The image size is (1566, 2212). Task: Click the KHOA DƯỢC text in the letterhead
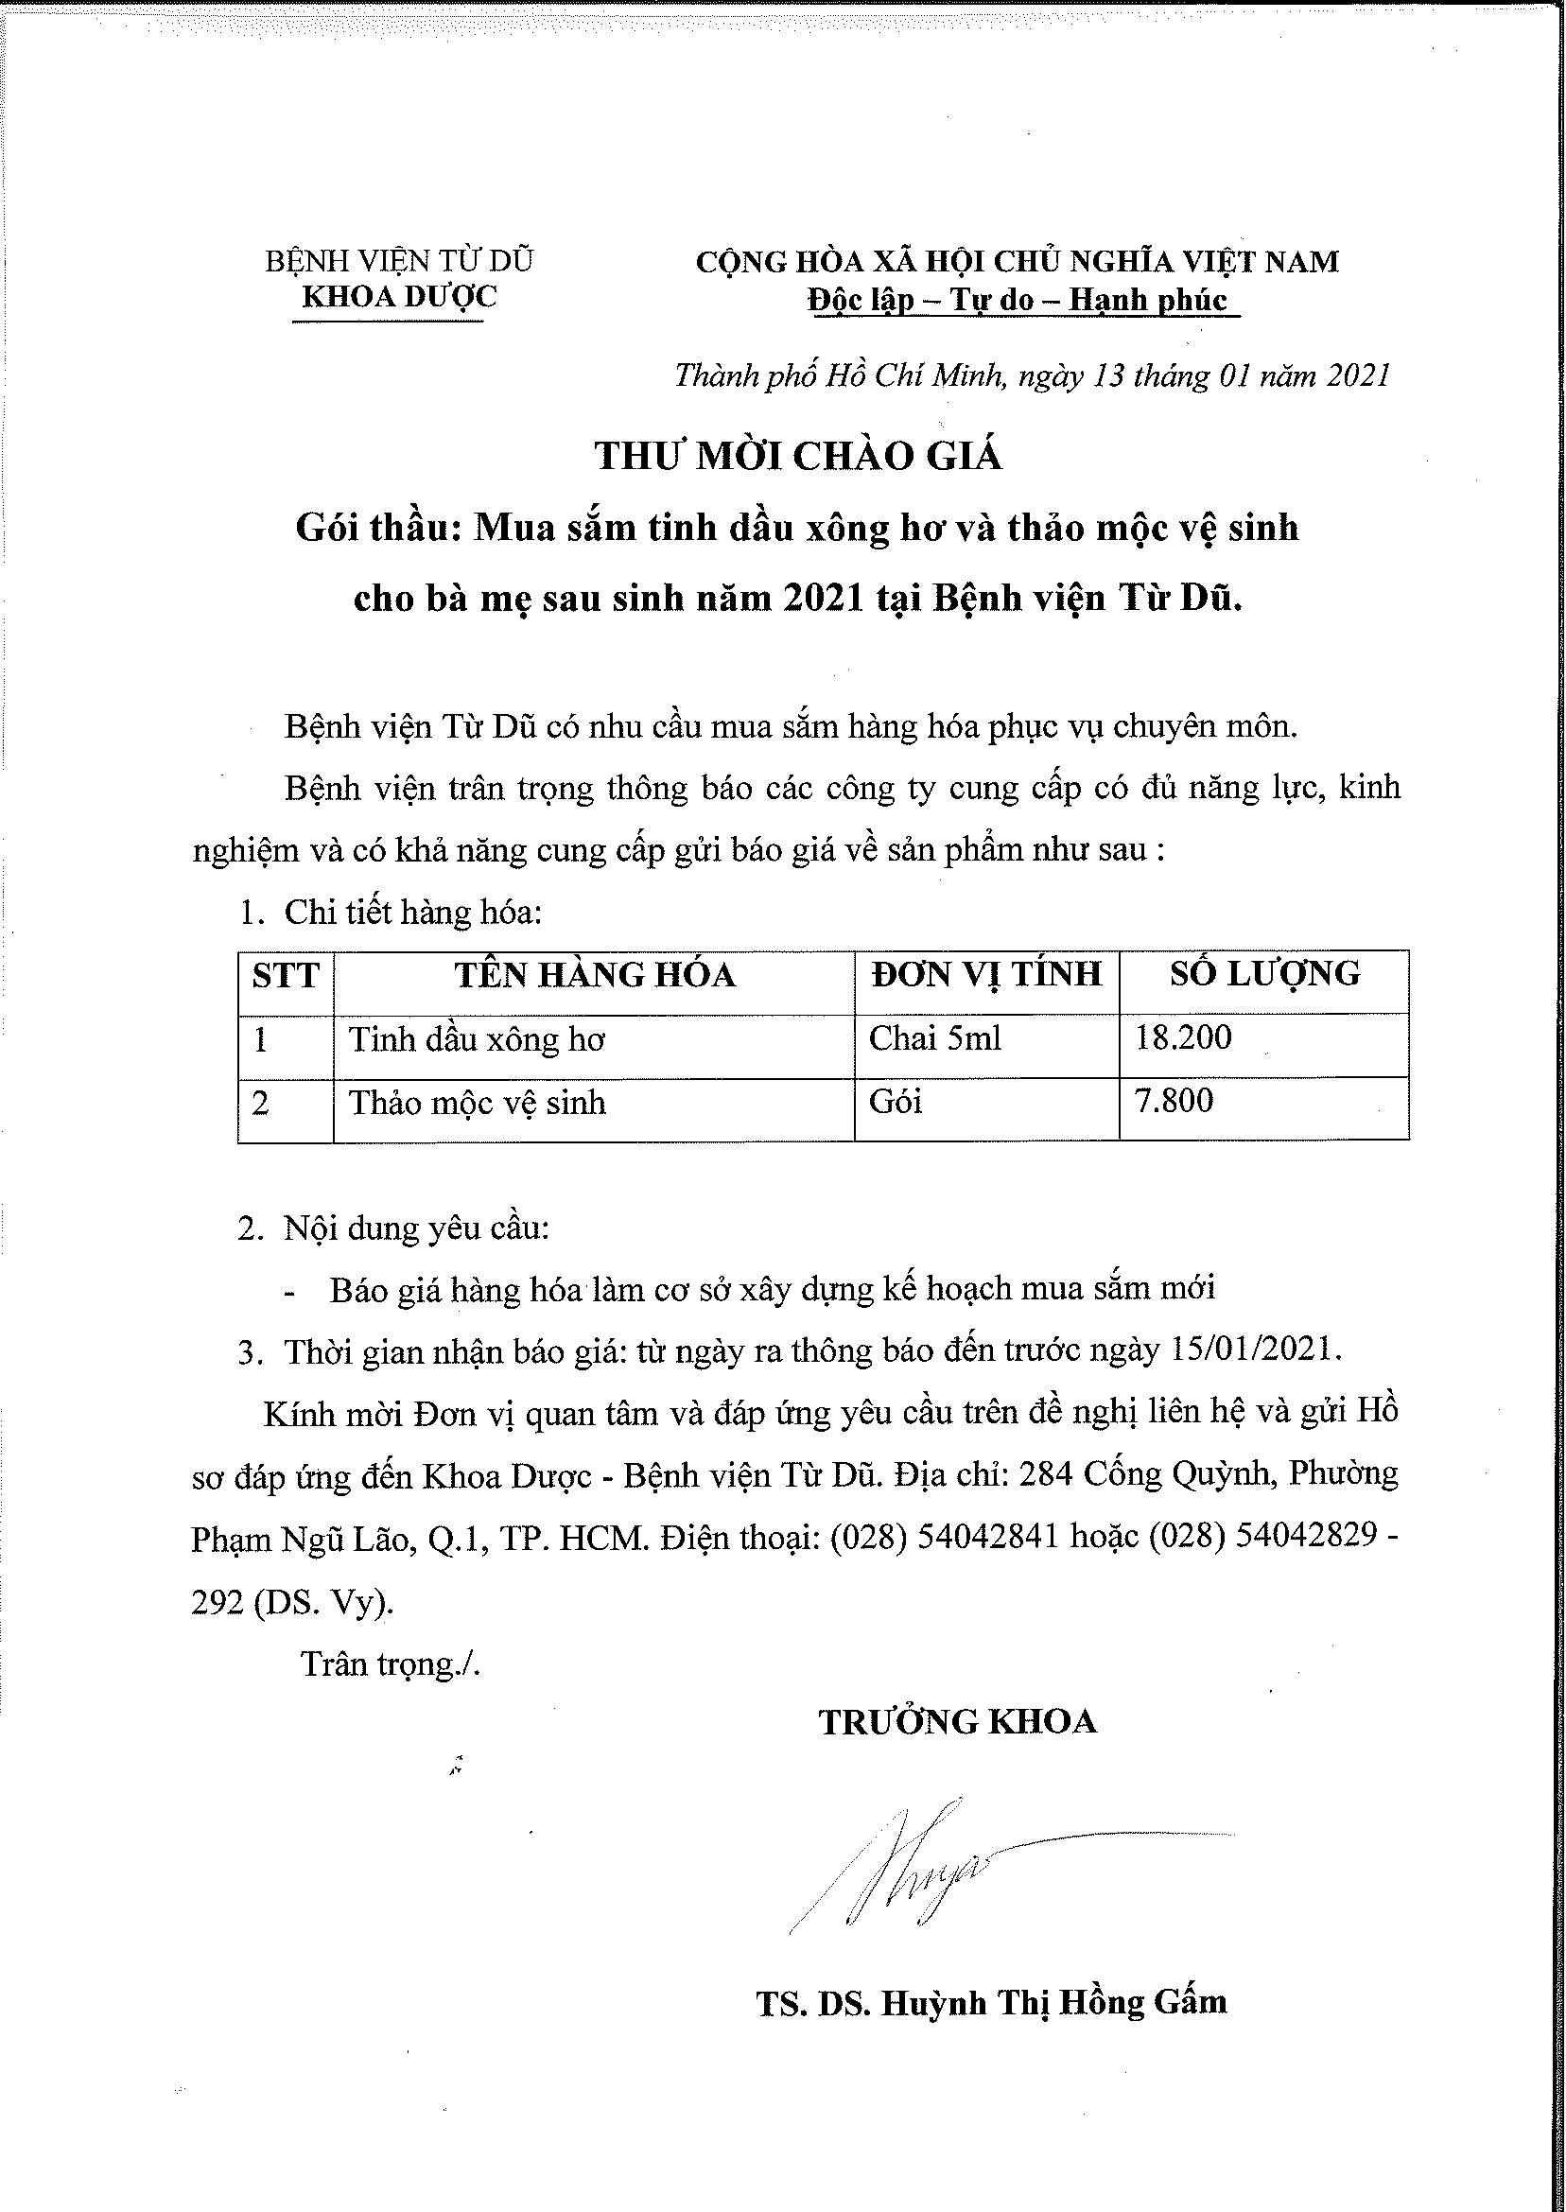pyautogui.click(x=398, y=296)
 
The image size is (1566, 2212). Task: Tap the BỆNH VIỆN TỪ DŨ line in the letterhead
pyautogui.click(x=398, y=260)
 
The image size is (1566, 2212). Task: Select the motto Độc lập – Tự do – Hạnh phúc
pyautogui.click(x=1018, y=300)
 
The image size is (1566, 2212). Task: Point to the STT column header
pyautogui.click(x=286, y=976)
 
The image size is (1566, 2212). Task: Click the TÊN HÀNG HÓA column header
pyautogui.click(x=595, y=975)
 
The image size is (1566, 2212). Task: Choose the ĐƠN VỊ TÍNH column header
pyautogui.click(x=985, y=974)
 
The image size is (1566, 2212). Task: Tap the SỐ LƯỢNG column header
pyautogui.click(x=1264, y=974)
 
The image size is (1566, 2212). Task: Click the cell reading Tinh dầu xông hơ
pyautogui.click(x=477, y=1039)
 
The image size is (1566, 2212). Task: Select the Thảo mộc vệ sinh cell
pyautogui.click(x=478, y=1102)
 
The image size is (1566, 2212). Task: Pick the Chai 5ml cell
pyautogui.click(x=934, y=1038)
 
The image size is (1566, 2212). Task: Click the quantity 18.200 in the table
pyautogui.click(x=1183, y=1037)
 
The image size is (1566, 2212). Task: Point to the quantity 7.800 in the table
pyautogui.click(x=1174, y=1100)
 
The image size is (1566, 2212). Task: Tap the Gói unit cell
pyautogui.click(x=895, y=1101)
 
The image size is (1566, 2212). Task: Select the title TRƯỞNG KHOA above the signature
pyautogui.click(x=958, y=1721)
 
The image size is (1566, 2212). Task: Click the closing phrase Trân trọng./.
pyautogui.click(x=391, y=1664)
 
